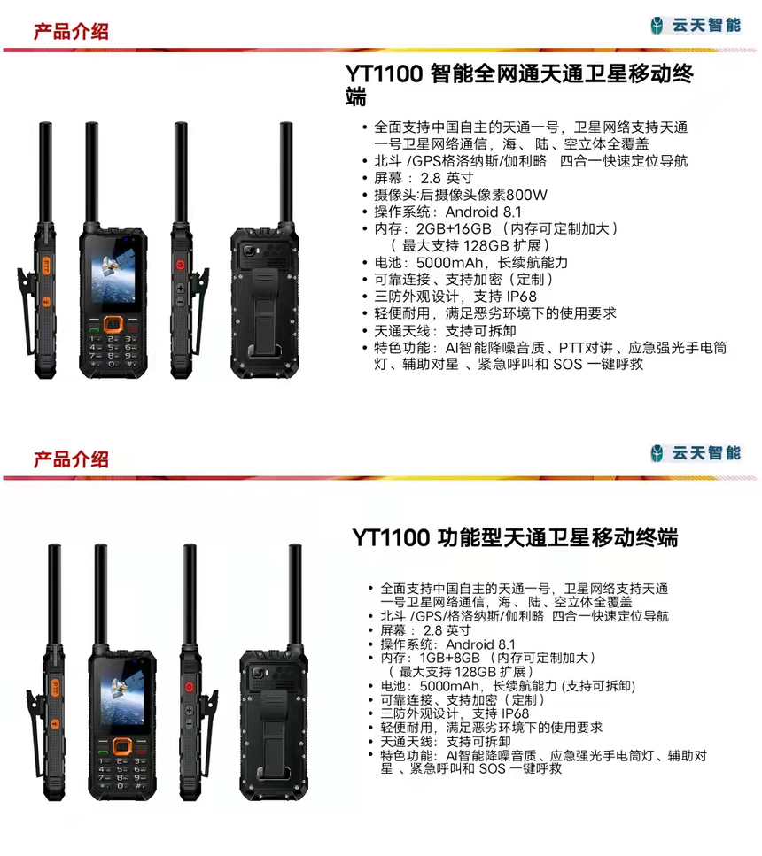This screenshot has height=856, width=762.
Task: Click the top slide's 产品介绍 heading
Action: (71, 31)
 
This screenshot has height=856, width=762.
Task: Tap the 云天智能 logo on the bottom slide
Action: (696, 453)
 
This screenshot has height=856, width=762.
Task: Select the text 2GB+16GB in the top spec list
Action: (454, 228)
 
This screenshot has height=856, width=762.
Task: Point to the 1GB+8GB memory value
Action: (449, 658)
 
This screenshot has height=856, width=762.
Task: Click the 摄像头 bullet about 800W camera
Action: (461, 195)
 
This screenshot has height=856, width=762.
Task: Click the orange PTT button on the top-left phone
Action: (46, 266)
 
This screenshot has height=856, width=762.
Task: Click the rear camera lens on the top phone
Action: (250, 251)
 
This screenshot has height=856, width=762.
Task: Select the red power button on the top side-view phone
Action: (180, 265)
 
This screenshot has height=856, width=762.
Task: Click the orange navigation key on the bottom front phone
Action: (122, 745)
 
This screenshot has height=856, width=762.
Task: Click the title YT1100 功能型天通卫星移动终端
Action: (515, 537)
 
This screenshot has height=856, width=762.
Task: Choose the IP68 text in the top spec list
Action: (521, 297)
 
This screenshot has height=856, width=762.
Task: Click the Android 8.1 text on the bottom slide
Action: (480, 644)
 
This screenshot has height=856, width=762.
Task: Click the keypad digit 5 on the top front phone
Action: (111, 347)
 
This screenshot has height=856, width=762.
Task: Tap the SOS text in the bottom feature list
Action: (492, 768)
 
